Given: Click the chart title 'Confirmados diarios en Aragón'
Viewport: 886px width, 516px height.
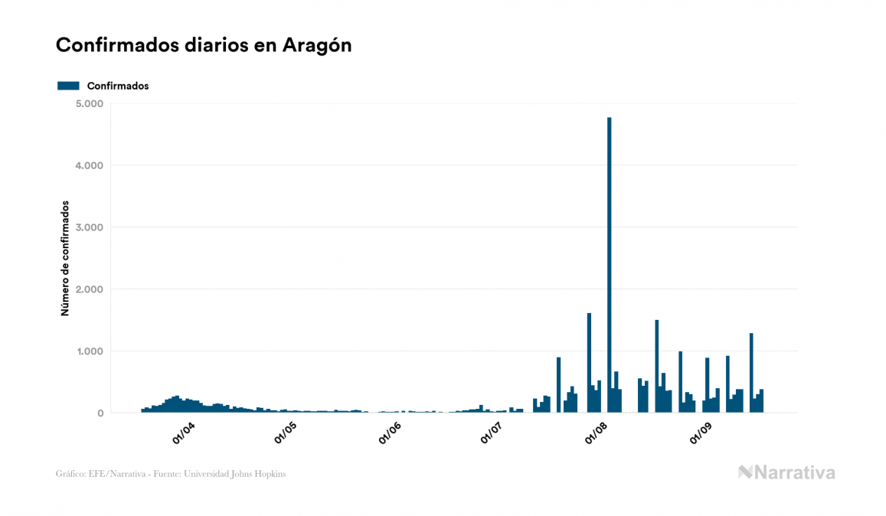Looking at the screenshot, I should click(x=204, y=45).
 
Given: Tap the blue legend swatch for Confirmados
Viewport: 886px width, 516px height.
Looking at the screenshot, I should click(x=68, y=86).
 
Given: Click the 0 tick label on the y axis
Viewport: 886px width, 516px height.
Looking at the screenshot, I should click(x=100, y=413).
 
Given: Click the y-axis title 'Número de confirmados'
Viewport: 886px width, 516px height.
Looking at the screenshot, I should click(x=65, y=259).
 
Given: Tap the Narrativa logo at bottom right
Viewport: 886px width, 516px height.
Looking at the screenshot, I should click(x=786, y=472).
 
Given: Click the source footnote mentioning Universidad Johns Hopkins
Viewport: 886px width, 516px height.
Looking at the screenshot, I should click(x=171, y=474).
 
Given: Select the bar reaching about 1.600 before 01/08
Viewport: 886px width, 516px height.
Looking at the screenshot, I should click(x=589, y=363).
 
